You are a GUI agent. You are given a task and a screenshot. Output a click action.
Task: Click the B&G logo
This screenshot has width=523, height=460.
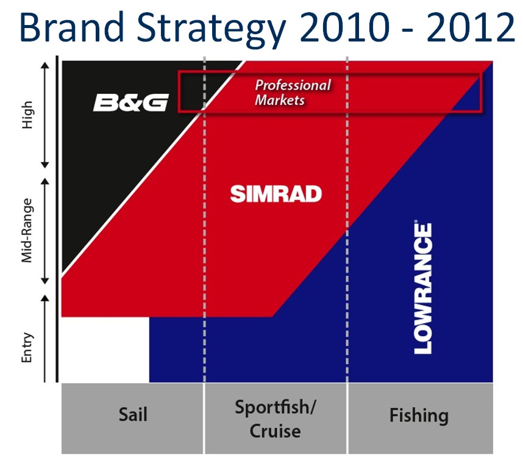click(130, 102)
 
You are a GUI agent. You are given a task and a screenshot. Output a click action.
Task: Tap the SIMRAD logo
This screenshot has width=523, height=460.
click(276, 194)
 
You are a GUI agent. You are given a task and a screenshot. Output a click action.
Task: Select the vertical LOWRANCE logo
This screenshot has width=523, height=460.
click(423, 287)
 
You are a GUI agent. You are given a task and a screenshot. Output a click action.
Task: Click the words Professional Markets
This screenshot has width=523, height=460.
click(293, 93)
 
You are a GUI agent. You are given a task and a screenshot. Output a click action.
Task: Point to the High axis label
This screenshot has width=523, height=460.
click(27, 115)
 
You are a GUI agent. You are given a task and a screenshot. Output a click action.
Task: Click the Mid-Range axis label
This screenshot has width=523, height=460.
click(27, 231)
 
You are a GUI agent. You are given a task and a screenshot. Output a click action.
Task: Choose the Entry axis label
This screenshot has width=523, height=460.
click(27, 348)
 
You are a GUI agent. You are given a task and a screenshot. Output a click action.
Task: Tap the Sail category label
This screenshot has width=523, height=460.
click(133, 415)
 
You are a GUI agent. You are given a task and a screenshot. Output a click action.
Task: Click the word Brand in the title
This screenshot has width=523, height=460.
click(72, 27)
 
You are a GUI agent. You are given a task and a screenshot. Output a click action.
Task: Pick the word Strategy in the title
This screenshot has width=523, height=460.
click(212, 31)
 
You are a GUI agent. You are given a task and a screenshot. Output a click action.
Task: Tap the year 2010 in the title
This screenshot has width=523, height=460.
click(344, 27)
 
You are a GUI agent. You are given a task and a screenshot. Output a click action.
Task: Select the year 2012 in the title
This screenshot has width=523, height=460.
click(471, 27)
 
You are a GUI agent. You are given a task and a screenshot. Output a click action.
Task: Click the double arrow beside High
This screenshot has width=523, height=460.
click(45, 115)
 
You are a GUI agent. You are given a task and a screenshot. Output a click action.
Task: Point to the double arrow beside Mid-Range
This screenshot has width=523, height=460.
click(45, 231)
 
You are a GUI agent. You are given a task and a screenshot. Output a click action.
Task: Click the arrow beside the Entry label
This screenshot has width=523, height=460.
click(45, 338)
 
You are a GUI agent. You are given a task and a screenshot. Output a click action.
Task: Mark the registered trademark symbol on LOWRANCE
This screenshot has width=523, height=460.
click(416, 221)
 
